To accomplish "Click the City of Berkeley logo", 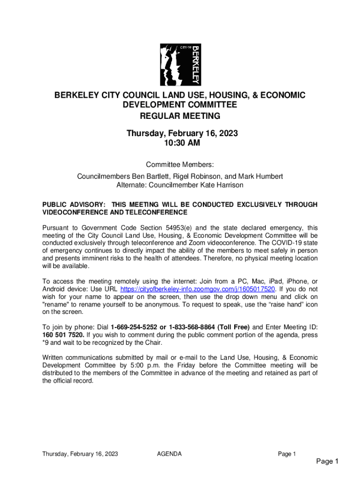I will (180, 65).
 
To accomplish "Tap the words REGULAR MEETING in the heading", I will (180, 116).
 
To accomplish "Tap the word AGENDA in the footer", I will (169, 454).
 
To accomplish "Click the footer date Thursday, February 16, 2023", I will (79, 454).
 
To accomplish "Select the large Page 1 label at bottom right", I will (327, 462).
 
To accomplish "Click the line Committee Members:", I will (180, 165).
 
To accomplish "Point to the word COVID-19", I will (284, 243).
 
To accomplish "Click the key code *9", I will (47, 343).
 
